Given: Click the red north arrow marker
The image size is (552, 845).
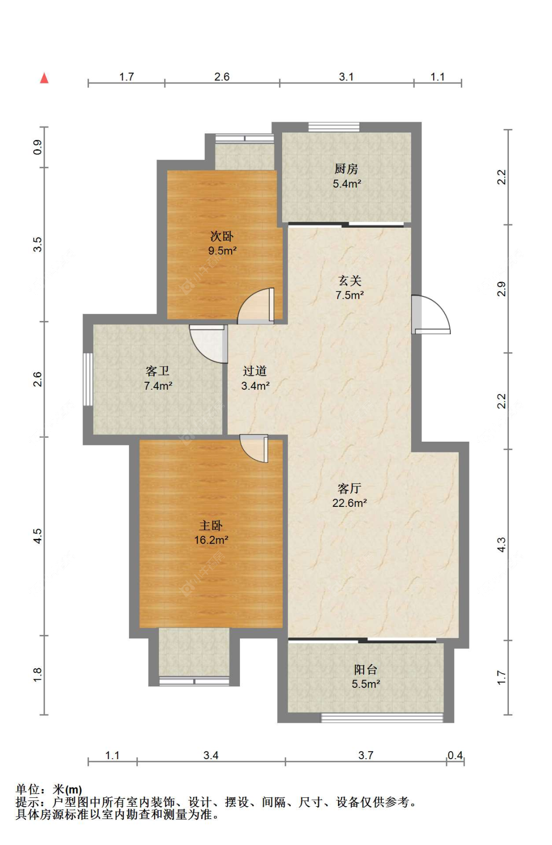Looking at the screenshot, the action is [44, 78].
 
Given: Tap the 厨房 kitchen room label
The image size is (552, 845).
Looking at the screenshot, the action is [346, 169].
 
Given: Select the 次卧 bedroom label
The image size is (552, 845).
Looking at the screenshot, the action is [222, 237].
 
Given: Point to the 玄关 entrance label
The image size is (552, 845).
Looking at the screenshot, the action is [350, 281].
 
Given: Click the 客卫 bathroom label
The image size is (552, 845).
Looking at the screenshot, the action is [158, 371].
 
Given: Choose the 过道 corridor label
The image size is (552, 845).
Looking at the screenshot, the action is [255, 371].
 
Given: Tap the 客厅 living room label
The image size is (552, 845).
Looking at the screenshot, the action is [349, 488].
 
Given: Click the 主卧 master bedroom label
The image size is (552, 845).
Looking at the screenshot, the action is [211, 526].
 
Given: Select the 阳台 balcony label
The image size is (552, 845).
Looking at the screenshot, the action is [366, 669].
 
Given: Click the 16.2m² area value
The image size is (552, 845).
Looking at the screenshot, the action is [211, 540].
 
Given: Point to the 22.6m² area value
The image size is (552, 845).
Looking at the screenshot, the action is [349, 502].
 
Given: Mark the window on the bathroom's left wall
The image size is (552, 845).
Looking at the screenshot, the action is [88, 379].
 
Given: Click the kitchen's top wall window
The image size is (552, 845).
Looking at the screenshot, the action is [334, 127].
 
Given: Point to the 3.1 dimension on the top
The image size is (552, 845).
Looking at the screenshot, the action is [346, 77].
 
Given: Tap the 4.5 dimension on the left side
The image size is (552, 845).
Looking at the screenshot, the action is [38, 536].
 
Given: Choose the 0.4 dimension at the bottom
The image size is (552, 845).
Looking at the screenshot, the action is [455, 755].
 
